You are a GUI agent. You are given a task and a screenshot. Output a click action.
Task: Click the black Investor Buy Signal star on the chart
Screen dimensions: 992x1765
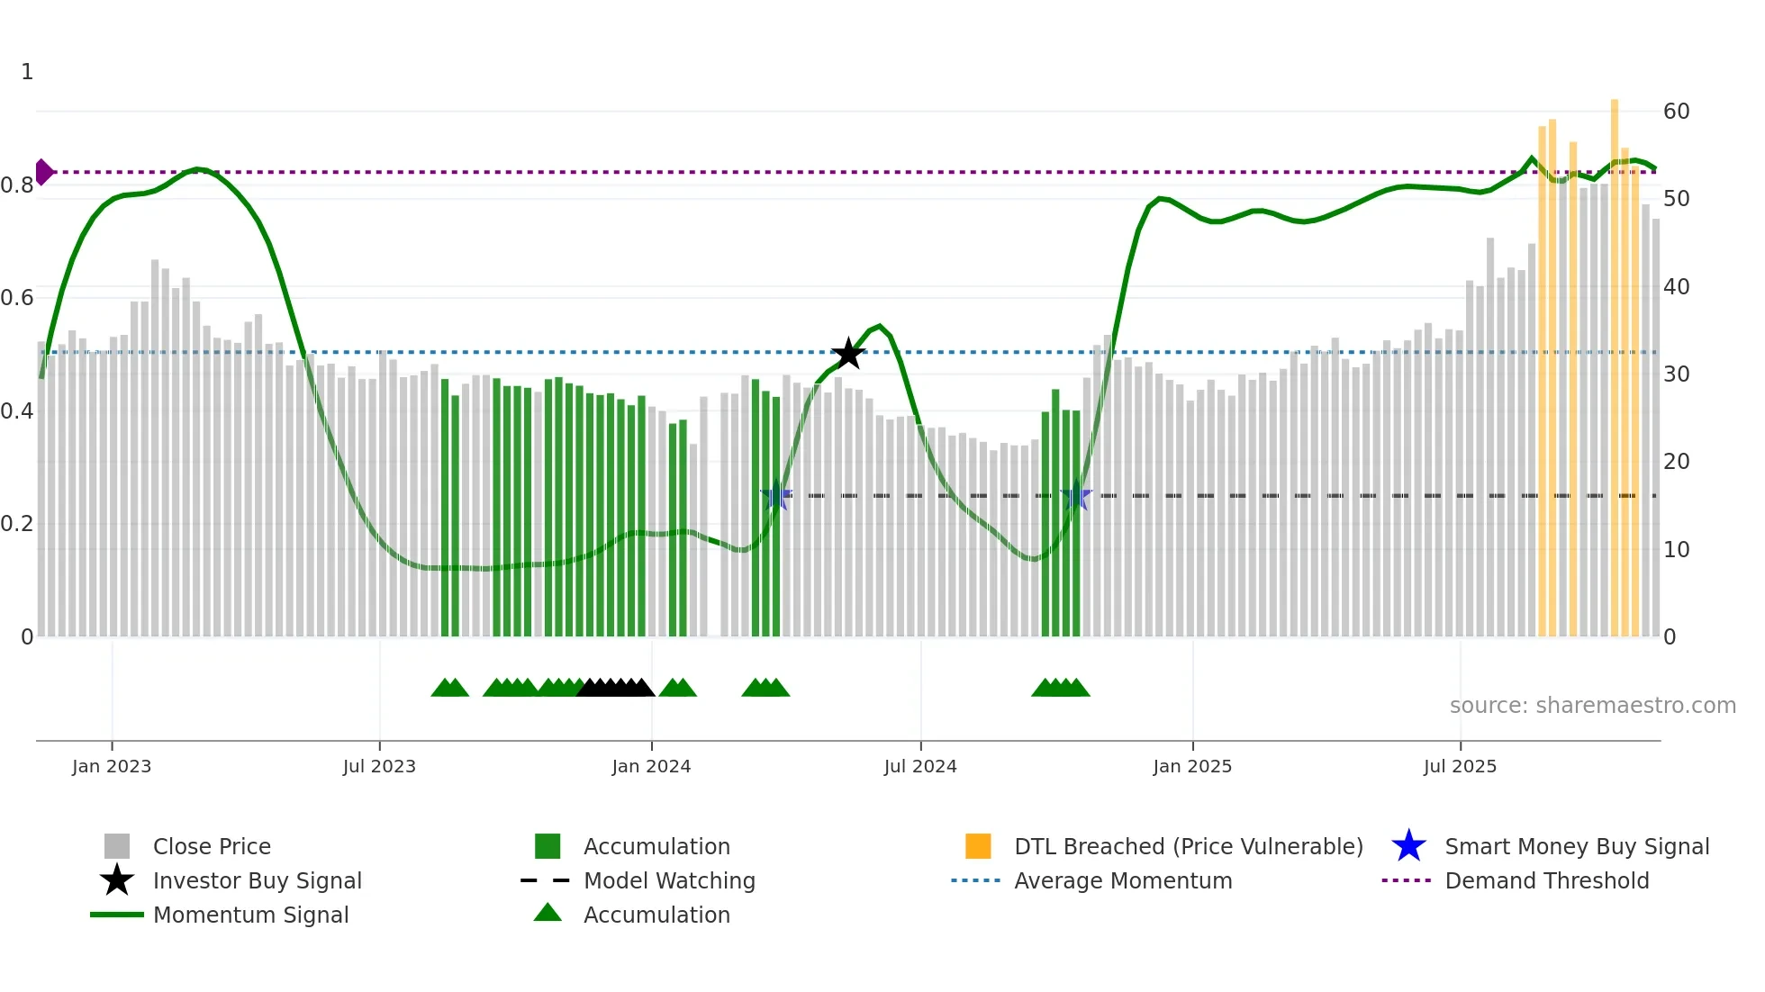[848, 354]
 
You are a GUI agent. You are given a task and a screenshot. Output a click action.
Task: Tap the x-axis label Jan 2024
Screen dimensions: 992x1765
[651, 766]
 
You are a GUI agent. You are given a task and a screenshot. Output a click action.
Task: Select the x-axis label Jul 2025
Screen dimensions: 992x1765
[1460, 766]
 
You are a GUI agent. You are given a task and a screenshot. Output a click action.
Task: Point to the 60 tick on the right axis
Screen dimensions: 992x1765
[1676, 112]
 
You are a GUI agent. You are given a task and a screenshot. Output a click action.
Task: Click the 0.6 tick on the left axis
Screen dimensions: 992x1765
[17, 298]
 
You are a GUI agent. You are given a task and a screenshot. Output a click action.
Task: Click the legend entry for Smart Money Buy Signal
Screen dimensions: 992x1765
[1576, 846]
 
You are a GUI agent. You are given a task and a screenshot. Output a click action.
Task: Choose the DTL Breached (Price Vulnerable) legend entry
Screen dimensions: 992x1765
[1188, 846]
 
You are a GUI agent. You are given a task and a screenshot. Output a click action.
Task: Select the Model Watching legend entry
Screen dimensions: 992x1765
[668, 880]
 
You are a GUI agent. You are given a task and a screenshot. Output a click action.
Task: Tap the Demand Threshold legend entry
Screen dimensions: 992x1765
[1546, 880]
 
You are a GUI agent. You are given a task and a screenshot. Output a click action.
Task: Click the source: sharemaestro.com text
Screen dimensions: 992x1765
[1592, 705]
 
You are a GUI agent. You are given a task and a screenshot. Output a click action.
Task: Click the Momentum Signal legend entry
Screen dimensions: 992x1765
[250, 915]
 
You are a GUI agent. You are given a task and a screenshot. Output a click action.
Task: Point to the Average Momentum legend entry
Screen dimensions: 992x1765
[1122, 880]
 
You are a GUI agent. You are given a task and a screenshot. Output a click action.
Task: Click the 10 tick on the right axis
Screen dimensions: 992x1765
[1676, 549]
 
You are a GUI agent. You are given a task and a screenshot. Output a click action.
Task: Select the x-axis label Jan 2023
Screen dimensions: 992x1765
[112, 766]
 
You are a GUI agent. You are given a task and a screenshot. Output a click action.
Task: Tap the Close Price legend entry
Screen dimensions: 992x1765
[212, 846]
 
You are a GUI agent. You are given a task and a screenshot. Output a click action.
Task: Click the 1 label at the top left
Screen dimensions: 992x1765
[27, 72]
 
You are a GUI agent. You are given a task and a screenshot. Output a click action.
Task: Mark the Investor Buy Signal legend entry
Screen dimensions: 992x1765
[257, 880]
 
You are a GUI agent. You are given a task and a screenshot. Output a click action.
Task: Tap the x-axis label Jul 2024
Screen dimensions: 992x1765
[920, 766]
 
